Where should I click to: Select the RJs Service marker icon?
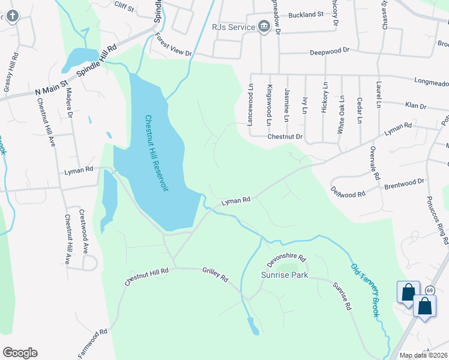[x=263, y=26]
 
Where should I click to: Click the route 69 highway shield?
[x=430, y=290]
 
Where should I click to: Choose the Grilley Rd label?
[x=215, y=275]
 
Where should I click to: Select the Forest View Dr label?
[x=173, y=45]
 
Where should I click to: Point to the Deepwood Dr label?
[x=330, y=52]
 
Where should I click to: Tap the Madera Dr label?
[x=70, y=103]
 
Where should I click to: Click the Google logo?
[x=20, y=353]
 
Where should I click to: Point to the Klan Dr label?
[x=415, y=106]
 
